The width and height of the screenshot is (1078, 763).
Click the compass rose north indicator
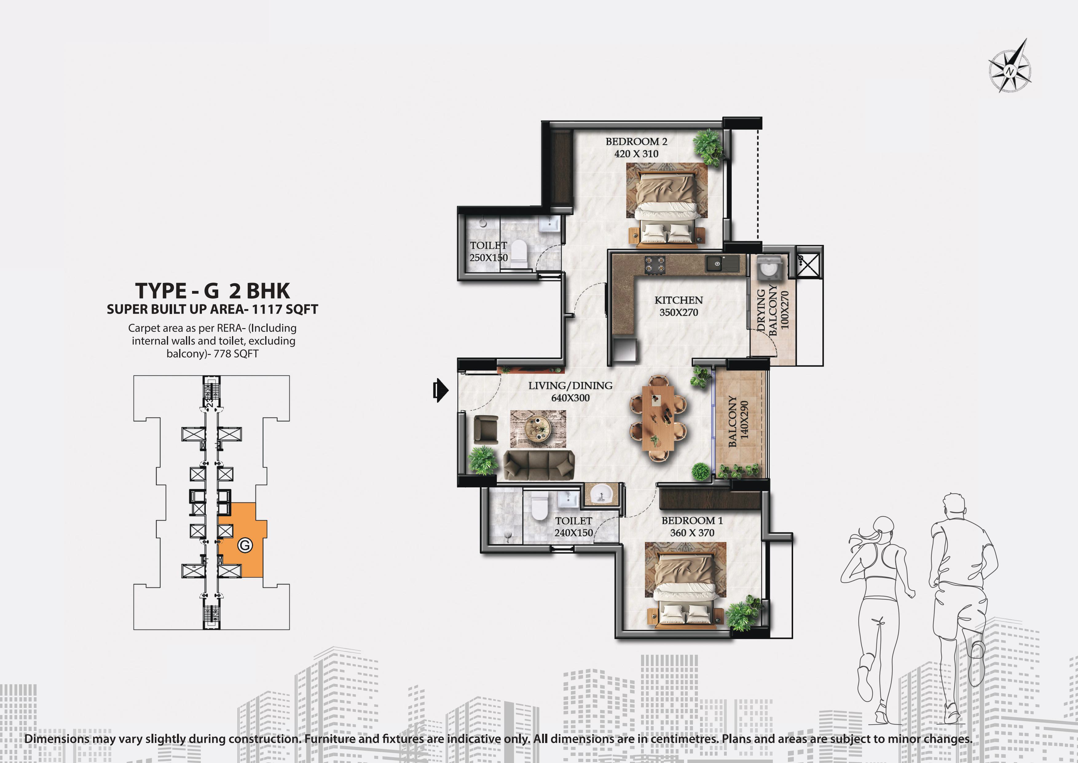[x=1009, y=66]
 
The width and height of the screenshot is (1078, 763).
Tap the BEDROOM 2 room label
[x=636, y=141]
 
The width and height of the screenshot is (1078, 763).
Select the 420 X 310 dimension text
[x=636, y=154]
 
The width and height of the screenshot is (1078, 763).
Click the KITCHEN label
[x=679, y=300]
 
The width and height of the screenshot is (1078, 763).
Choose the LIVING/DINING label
[x=570, y=386]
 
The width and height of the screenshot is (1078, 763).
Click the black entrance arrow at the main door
[x=440, y=390]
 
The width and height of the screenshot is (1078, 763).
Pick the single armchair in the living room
[x=486, y=429]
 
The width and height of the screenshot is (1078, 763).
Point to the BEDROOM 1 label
[x=692, y=521]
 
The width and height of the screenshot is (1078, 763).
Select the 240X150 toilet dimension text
[x=574, y=533]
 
